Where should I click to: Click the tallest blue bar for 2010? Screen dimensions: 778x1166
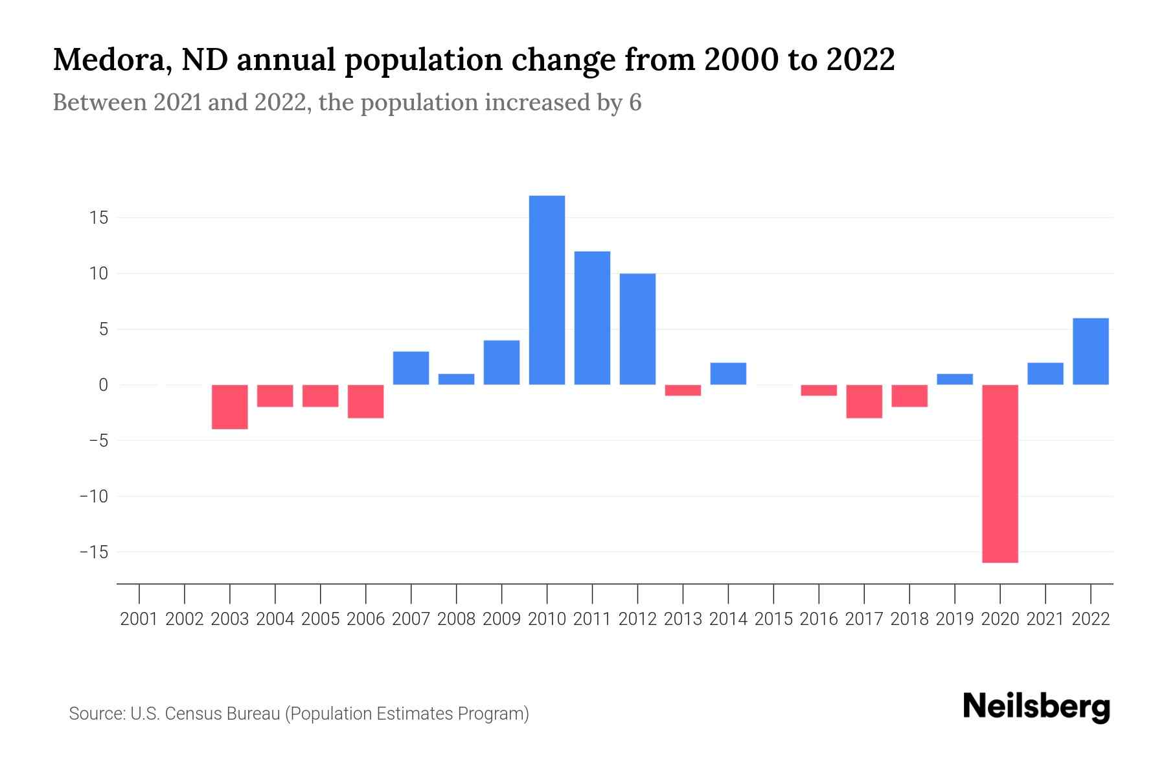[x=547, y=290]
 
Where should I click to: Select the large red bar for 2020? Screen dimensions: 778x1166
[x=1000, y=473]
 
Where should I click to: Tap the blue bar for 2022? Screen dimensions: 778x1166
[x=1090, y=351]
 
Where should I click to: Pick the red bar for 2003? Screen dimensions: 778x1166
[x=230, y=407]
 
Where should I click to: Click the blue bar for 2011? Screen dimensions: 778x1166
[x=592, y=318]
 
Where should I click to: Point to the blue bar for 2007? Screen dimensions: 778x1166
[x=411, y=368]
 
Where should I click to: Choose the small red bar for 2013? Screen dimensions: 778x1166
[x=683, y=390]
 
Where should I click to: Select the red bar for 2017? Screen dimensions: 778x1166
[x=863, y=401]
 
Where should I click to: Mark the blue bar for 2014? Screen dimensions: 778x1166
[x=728, y=373]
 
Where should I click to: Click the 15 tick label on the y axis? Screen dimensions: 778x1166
[x=98, y=218]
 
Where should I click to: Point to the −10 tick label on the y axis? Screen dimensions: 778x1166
[x=93, y=497]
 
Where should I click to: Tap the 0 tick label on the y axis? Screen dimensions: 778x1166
[x=103, y=385]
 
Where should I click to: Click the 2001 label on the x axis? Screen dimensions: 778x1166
[x=139, y=619]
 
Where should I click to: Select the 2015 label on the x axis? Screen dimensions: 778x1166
[x=773, y=619]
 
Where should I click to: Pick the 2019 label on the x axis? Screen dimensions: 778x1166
[x=954, y=619]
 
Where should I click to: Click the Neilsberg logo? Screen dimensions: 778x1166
[x=1036, y=707]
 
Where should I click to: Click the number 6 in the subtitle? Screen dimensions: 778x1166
[x=635, y=103]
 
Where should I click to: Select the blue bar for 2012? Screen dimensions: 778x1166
[x=637, y=329]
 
